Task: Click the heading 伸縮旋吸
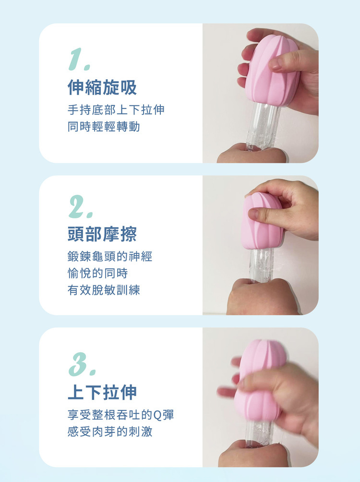[x=102, y=88]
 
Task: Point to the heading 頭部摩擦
[x=102, y=234]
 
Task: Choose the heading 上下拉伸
[x=102, y=392]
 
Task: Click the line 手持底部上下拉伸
[x=116, y=110]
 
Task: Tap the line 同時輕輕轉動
[x=104, y=127]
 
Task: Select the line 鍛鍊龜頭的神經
[x=110, y=257]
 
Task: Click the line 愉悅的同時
[x=98, y=274]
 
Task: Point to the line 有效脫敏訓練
[x=104, y=290]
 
